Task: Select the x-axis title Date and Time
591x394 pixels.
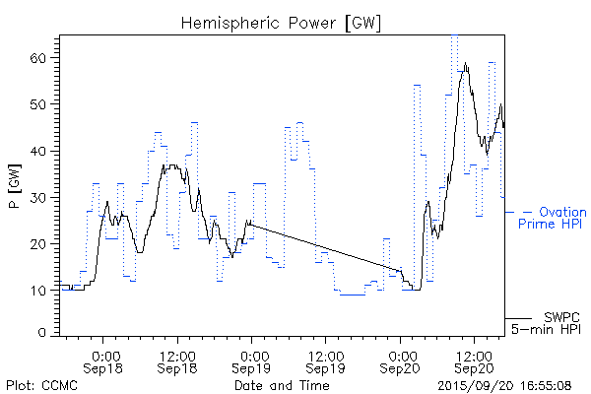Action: click(x=281, y=385)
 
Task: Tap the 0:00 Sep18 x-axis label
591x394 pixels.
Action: click(x=105, y=361)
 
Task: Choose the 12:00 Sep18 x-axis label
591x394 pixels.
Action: click(x=177, y=361)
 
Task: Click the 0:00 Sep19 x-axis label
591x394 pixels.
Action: click(x=252, y=361)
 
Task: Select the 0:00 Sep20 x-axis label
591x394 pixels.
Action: click(x=401, y=361)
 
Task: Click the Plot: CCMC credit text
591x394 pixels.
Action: click(x=41, y=385)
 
